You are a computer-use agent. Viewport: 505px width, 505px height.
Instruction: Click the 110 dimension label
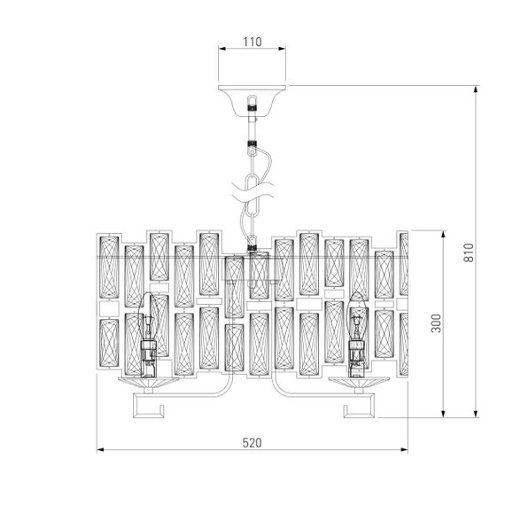click(252, 42)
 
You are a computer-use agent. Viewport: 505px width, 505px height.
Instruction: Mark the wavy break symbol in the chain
click(253, 188)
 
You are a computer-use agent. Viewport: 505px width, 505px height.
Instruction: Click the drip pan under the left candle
click(151, 379)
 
